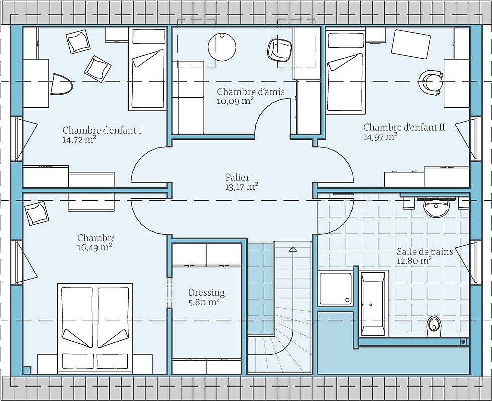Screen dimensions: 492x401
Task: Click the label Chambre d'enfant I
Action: click(x=102, y=130)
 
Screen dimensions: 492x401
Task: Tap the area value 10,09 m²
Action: click(x=235, y=101)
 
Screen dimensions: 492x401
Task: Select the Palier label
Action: click(x=237, y=178)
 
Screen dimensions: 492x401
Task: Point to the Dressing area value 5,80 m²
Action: click(x=204, y=302)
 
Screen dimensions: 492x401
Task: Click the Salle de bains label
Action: click(x=425, y=252)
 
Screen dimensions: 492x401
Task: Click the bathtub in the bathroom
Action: click(x=373, y=304)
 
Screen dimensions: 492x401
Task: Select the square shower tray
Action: click(x=335, y=289)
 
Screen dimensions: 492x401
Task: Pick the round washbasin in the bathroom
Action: click(x=436, y=207)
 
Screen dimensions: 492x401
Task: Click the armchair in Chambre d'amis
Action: click(x=279, y=50)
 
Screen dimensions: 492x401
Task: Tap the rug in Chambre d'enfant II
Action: click(x=411, y=44)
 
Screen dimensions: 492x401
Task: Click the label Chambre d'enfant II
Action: click(x=404, y=127)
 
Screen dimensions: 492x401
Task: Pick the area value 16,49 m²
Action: click(x=95, y=248)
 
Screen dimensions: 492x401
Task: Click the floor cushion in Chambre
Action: click(x=37, y=213)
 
